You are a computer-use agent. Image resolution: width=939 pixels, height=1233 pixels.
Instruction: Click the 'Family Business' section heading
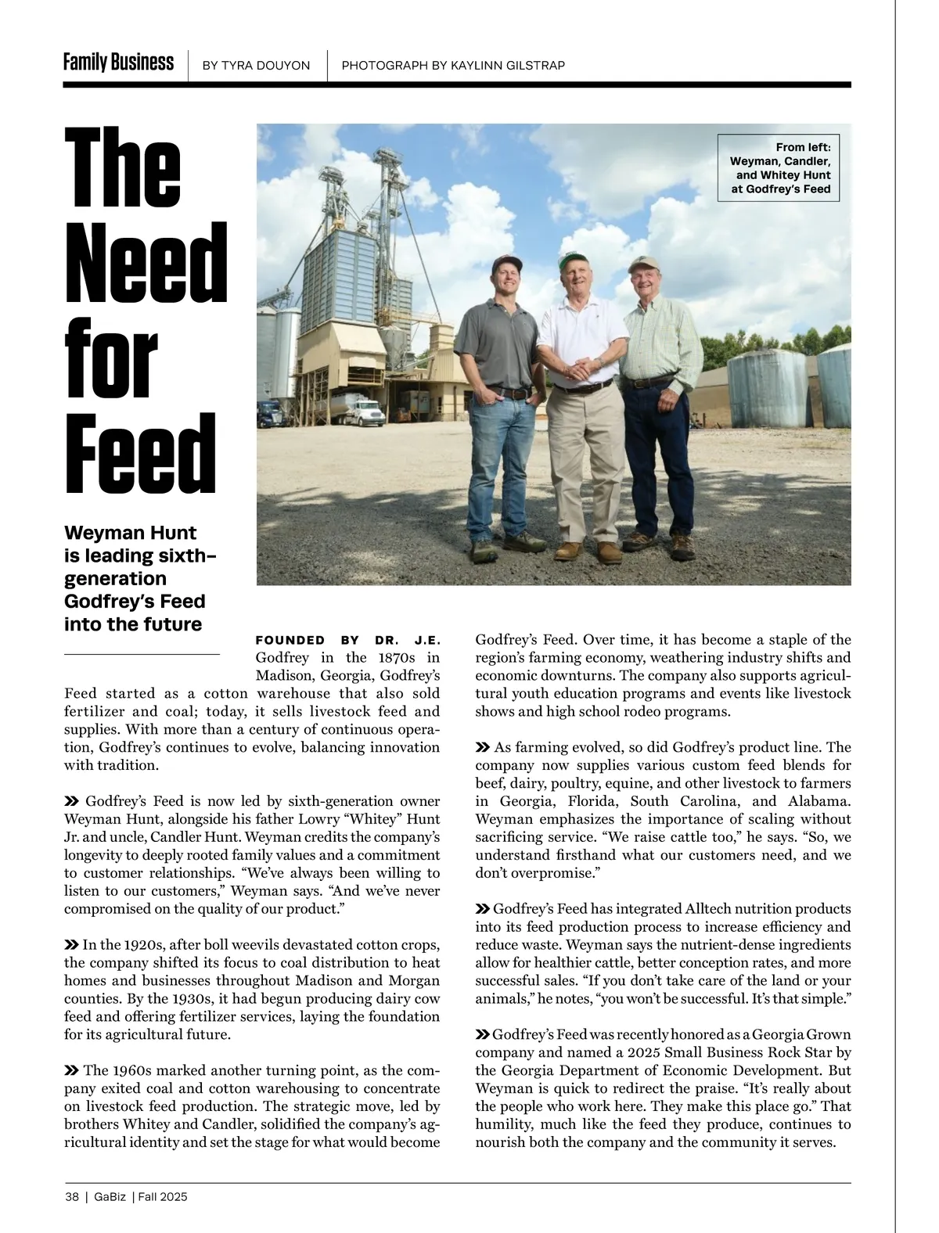118,63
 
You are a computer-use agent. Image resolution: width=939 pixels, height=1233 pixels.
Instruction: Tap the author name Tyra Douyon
256,66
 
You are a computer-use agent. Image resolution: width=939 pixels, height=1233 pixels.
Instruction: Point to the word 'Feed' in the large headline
140,454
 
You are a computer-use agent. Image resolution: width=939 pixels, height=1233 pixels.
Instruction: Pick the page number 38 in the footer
72,1197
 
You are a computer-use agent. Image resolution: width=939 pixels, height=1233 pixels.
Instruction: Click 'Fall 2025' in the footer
163,1197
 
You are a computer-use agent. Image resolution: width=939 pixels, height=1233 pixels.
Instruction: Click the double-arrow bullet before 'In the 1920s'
71,945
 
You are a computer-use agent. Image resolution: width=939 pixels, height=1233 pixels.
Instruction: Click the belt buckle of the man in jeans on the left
514,393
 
